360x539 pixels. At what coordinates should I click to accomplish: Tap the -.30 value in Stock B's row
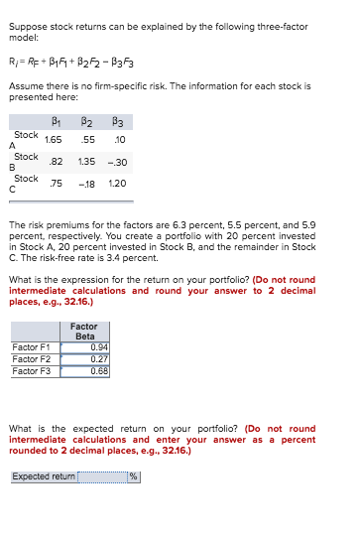[117, 163]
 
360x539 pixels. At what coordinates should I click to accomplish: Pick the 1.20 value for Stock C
[117, 184]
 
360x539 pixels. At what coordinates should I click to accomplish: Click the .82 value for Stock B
[57, 163]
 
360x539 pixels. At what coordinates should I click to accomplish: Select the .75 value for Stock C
[57, 184]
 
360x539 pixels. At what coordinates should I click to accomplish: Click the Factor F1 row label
[32, 347]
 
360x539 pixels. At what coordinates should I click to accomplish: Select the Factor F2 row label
[32, 359]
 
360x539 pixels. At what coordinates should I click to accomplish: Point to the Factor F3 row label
[32, 371]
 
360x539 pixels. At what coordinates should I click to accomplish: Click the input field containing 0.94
[85, 347]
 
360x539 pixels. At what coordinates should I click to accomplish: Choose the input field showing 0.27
[85, 359]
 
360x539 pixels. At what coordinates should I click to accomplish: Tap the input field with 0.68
[85, 371]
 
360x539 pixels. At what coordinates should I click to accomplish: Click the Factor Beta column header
[84, 332]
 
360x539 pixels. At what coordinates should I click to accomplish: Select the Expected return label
[43, 476]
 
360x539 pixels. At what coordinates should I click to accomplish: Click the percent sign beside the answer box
[132, 476]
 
